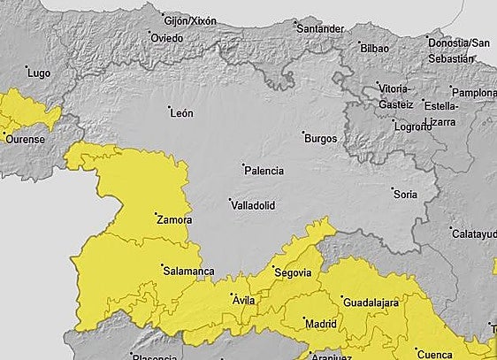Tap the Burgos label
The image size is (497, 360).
[x=319, y=138]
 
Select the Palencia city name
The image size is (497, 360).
[x=264, y=169]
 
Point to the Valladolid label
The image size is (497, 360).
[x=252, y=205]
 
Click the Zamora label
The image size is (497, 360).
[x=174, y=218]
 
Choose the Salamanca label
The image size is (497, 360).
[x=188, y=271]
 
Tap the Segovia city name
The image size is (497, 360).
[x=292, y=272]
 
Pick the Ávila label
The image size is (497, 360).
[x=243, y=301]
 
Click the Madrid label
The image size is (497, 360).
[x=320, y=324]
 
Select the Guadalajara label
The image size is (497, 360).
[x=371, y=303]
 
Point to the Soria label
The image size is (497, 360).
[x=405, y=194]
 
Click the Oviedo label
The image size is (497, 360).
[x=166, y=38]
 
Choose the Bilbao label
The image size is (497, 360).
[x=375, y=46]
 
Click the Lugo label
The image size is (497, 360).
[x=39, y=73]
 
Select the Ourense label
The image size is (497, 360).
[x=24, y=139]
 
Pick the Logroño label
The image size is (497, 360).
[x=413, y=126]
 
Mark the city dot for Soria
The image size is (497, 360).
[x=393, y=188]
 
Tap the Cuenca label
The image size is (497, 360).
[x=434, y=354]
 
